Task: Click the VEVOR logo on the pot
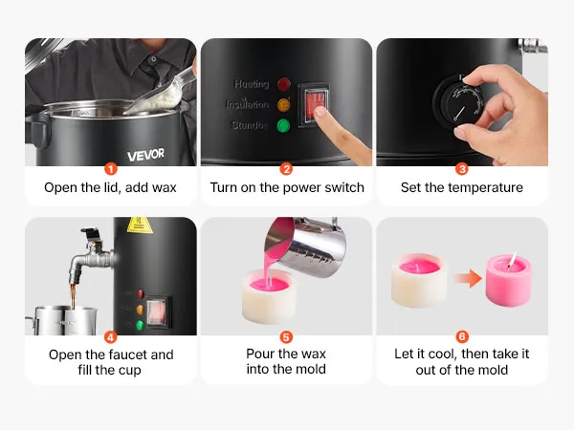[145, 155]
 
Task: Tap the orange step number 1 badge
[111, 169]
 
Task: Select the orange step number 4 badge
[111, 336]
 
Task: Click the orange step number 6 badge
[462, 336]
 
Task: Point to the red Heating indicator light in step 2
[284, 84]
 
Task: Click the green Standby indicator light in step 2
[283, 126]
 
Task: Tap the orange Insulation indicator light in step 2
[283, 105]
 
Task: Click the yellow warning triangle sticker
[140, 226]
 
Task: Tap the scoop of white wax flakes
[161, 94]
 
